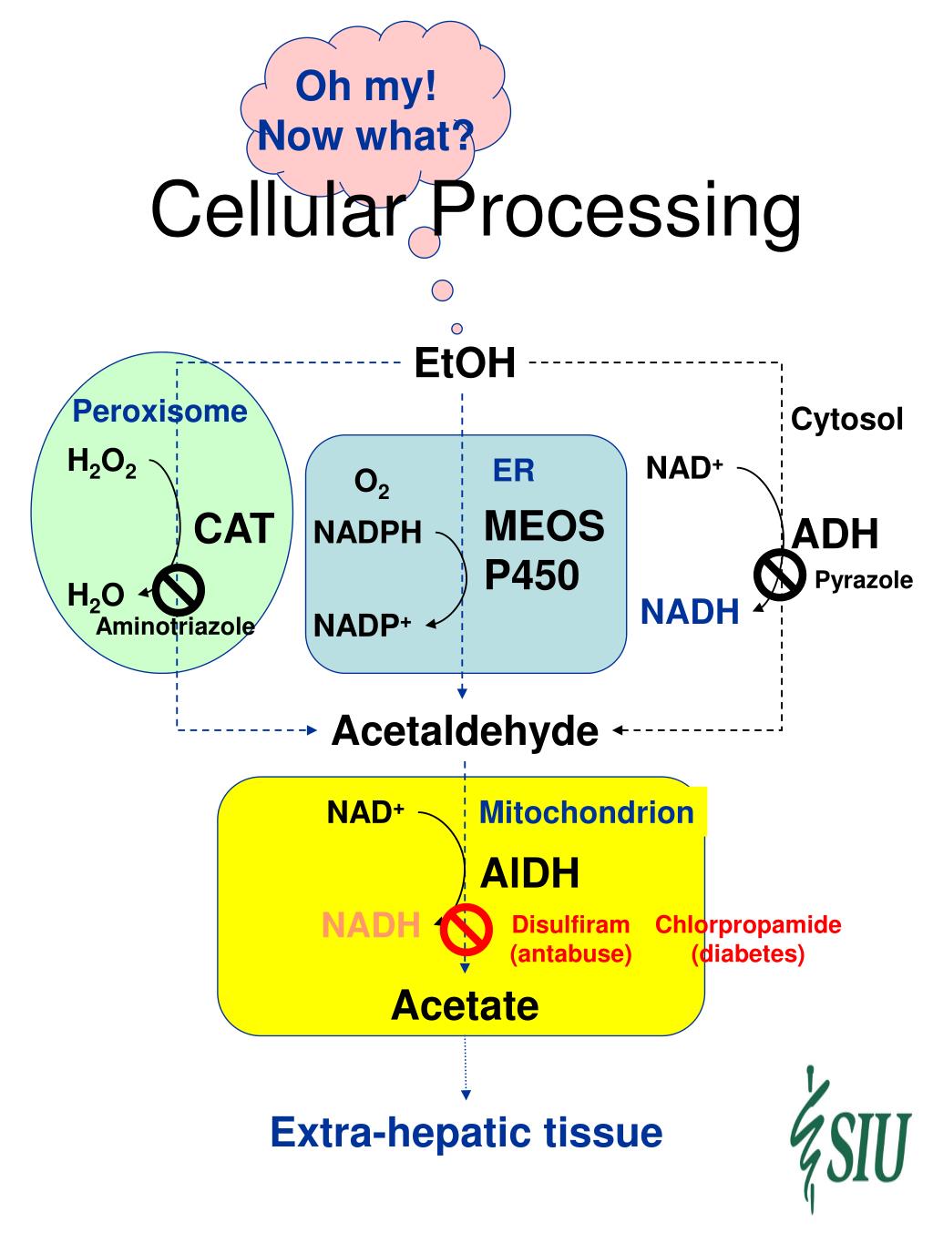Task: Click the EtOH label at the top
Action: coord(465,362)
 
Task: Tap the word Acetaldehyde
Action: coord(465,730)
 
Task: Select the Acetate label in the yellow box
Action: coord(465,1005)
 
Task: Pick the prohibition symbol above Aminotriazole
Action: coord(179,589)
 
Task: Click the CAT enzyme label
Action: coord(234,529)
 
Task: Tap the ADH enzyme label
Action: coord(835,534)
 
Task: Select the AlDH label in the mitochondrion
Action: coord(529,873)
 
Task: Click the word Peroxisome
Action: coord(159,412)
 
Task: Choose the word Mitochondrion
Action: coord(587,812)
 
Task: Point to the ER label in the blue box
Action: coord(514,471)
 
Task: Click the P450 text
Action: coord(531,576)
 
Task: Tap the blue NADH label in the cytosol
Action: coord(690,612)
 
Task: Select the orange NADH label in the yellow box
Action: coord(371,926)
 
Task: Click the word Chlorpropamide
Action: coord(748,925)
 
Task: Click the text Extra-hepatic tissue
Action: coord(466,1133)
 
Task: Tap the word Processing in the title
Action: coord(616,211)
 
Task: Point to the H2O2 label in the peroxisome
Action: coord(102,464)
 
